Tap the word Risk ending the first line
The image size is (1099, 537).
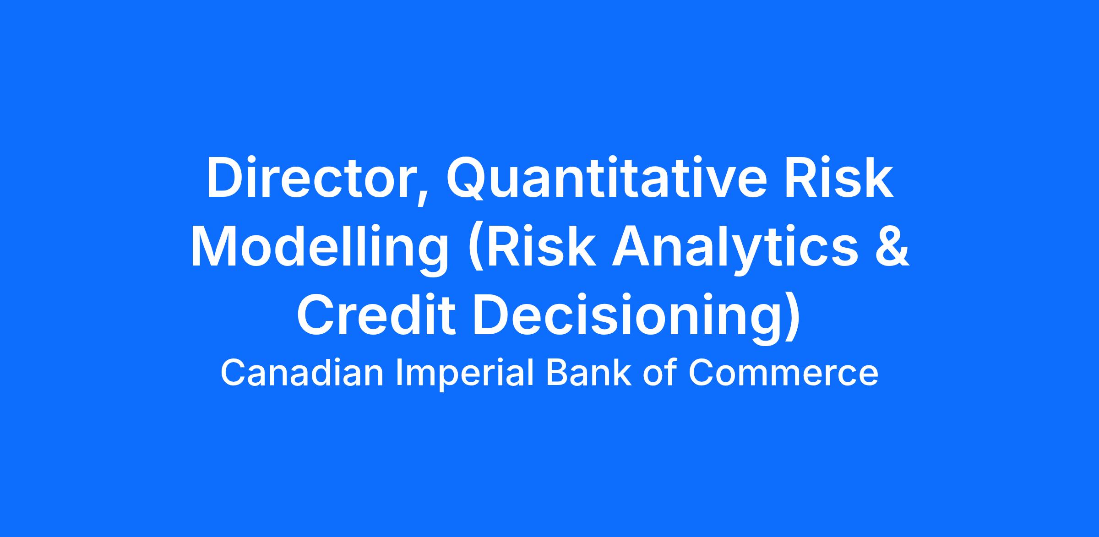tap(839, 178)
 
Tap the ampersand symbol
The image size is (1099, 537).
tap(892, 246)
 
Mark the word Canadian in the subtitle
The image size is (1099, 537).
tap(302, 373)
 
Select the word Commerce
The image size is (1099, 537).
tap(783, 373)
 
